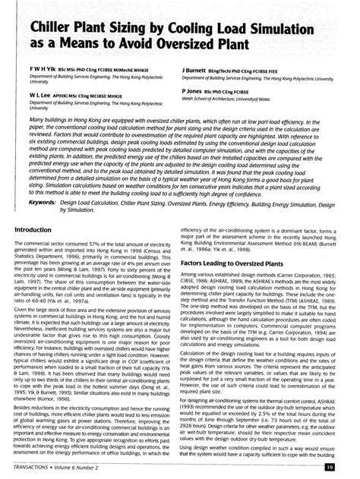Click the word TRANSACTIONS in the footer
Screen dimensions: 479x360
tap(38, 468)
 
